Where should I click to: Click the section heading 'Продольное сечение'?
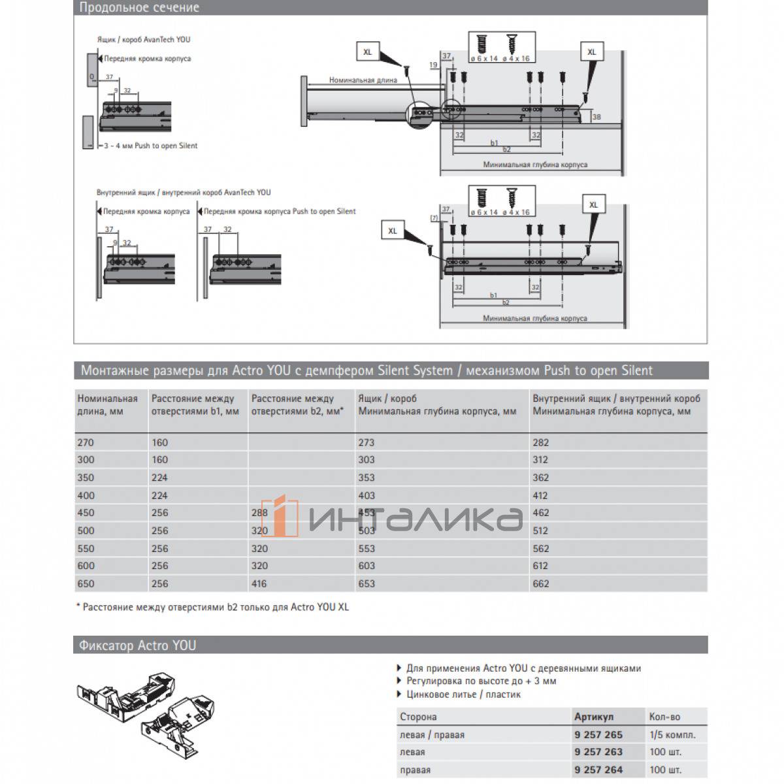coord(139,8)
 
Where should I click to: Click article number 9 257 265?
coord(598,734)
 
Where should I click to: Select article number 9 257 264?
coord(598,770)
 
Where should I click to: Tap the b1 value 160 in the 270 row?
coord(160,442)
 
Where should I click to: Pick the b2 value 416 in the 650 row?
coord(259,583)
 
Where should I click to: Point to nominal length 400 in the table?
coord(86,495)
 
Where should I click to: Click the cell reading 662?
coord(541,583)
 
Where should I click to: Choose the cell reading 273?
coord(367,442)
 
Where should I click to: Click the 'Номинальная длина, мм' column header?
coord(108,405)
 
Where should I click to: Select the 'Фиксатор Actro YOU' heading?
coord(137,645)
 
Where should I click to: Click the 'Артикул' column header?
coord(594,717)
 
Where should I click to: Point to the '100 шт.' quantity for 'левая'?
coord(665,752)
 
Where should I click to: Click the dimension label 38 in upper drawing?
coord(596,117)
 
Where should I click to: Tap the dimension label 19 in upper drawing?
coord(434,65)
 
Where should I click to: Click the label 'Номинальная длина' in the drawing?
coord(363,80)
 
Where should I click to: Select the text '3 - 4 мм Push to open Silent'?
coord(151,146)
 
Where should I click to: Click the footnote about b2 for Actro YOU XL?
coord(212,607)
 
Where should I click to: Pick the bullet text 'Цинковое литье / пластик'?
coord(463,694)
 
